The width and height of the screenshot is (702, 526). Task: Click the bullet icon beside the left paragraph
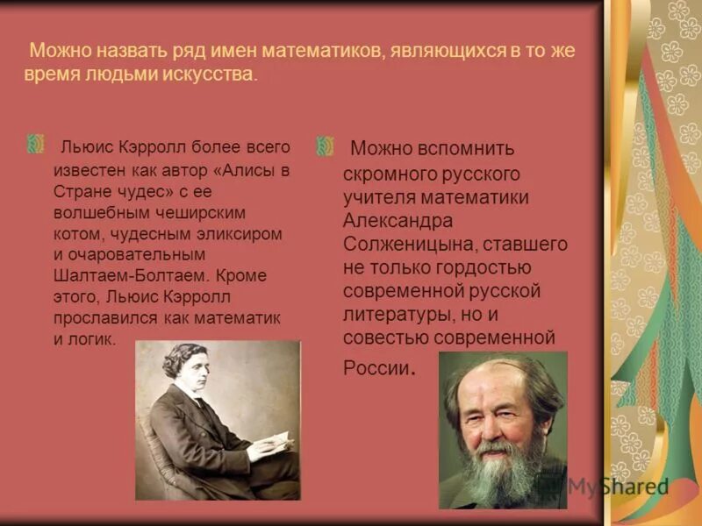tap(36, 145)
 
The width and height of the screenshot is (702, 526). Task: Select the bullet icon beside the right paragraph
tap(326, 145)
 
